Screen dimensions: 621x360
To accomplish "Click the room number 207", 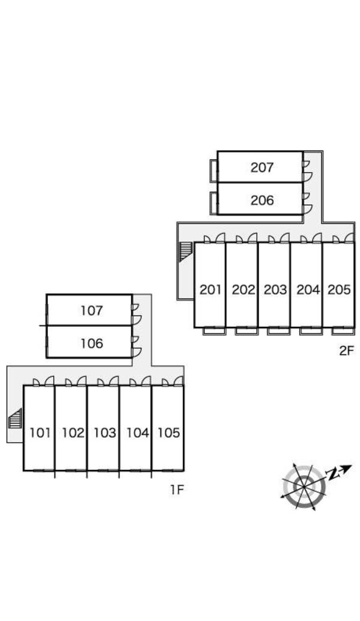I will (262, 167).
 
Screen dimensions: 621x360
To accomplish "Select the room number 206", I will (262, 200).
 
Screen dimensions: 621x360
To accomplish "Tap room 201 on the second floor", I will (211, 290).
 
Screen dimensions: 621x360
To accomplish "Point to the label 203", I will (275, 290).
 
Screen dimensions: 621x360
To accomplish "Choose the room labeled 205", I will (339, 290).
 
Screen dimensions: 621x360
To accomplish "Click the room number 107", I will (91, 311).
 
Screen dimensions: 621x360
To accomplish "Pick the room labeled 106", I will (91, 343).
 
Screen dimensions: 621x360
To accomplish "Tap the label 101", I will (40, 433).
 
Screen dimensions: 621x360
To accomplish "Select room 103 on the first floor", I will (104, 433).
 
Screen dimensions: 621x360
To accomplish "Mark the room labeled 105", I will (169, 433).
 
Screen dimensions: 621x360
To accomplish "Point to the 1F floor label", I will (176, 490).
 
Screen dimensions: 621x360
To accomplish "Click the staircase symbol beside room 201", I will (185, 251).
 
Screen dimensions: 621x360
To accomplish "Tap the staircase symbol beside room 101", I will (15, 418).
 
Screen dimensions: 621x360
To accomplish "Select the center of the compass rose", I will (304, 486).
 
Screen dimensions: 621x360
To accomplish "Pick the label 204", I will (308, 290).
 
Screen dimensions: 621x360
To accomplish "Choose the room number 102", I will (73, 433).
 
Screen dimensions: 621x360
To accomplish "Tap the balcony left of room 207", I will (213, 170).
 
